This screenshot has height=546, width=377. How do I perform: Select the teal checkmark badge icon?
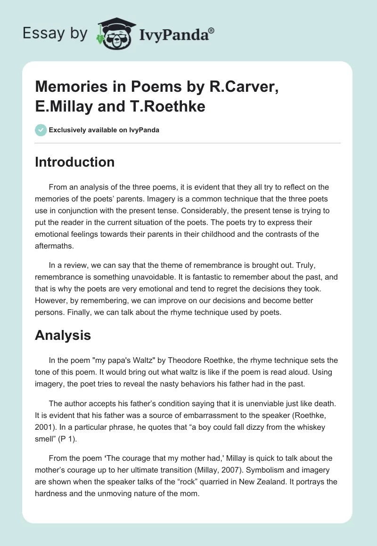pyautogui.click(x=41, y=130)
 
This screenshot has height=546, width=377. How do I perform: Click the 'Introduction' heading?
pyautogui.click(x=74, y=162)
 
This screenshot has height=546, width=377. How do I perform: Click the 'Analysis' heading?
pyautogui.click(x=63, y=335)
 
